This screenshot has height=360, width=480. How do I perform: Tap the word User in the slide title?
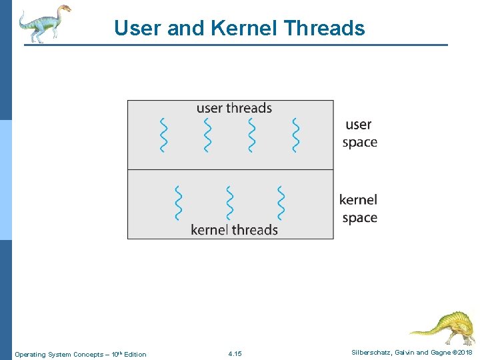137,28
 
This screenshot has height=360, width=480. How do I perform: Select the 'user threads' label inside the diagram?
234,108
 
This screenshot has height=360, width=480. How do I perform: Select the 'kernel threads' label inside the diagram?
234,229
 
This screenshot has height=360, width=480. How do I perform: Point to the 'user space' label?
359,133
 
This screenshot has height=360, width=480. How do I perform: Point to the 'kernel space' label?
358,209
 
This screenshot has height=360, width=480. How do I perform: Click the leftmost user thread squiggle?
163,135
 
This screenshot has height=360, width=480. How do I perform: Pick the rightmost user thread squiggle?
295,135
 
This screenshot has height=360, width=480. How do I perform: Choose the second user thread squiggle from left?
207,135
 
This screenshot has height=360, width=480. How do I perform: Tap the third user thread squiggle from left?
251,135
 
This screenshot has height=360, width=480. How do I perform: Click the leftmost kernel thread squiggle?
178,203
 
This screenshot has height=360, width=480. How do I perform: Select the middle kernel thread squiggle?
230,203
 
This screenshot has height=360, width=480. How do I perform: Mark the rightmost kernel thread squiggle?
281,203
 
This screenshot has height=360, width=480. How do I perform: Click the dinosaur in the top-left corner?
43,23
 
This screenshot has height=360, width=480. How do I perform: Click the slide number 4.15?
235,354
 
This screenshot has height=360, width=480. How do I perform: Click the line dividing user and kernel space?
230,170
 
